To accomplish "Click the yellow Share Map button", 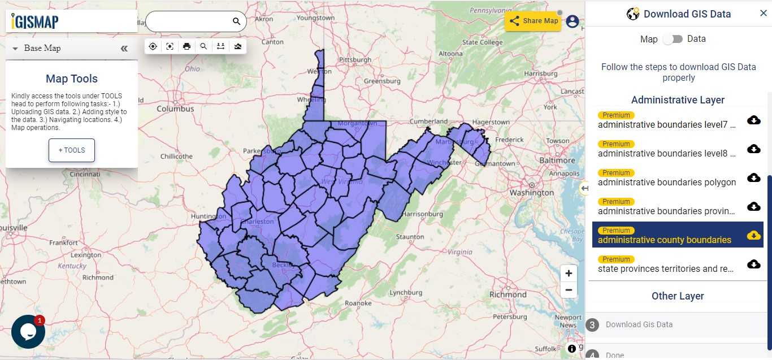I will pyautogui.click(x=533, y=21).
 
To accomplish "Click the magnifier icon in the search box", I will pyautogui.click(x=237, y=21).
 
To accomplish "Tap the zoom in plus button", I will pyautogui.click(x=569, y=274).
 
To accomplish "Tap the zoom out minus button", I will pyautogui.click(x=569, y=290).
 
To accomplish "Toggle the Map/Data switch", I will pyautogui.click(x=673, y=39).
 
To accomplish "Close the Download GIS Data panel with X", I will pyautogui.click(x=763, y=14).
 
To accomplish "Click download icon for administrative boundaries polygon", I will pyautogui.click(x=753, y=177).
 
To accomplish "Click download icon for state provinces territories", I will pyautogui.click(x=753, y=264).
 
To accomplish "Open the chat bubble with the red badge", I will pyautogui.click(x=28, y=332).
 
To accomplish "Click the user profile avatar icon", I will pyautogui.click(x=573, y=21).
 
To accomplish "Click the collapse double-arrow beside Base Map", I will pyautogui.click(x=124, y=49).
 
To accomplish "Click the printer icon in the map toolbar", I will pyautogui.click(x=187, y=46).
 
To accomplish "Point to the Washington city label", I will pyautogui.click(x=532, y=193).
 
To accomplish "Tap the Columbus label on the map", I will pyautogui.click(x=175, y=109).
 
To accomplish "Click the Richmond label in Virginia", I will pyautogui.click(x=508, y=294).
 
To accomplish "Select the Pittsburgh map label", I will pyautogui.click(x=355, y=59).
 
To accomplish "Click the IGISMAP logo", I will pyautogui.click(x=35, y=21).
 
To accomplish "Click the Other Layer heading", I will pyautogui.click(x=678, y=296).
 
